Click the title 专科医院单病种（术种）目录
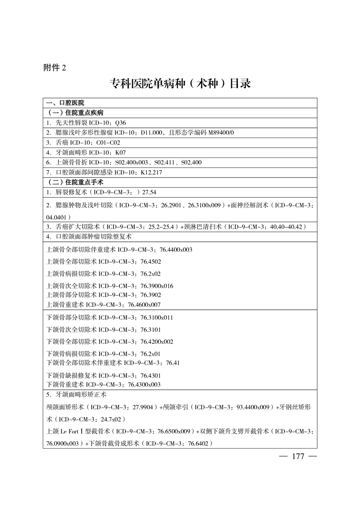(180, 84)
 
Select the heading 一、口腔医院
(65, 103)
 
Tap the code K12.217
(152, 172)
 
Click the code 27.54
(149, 192)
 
